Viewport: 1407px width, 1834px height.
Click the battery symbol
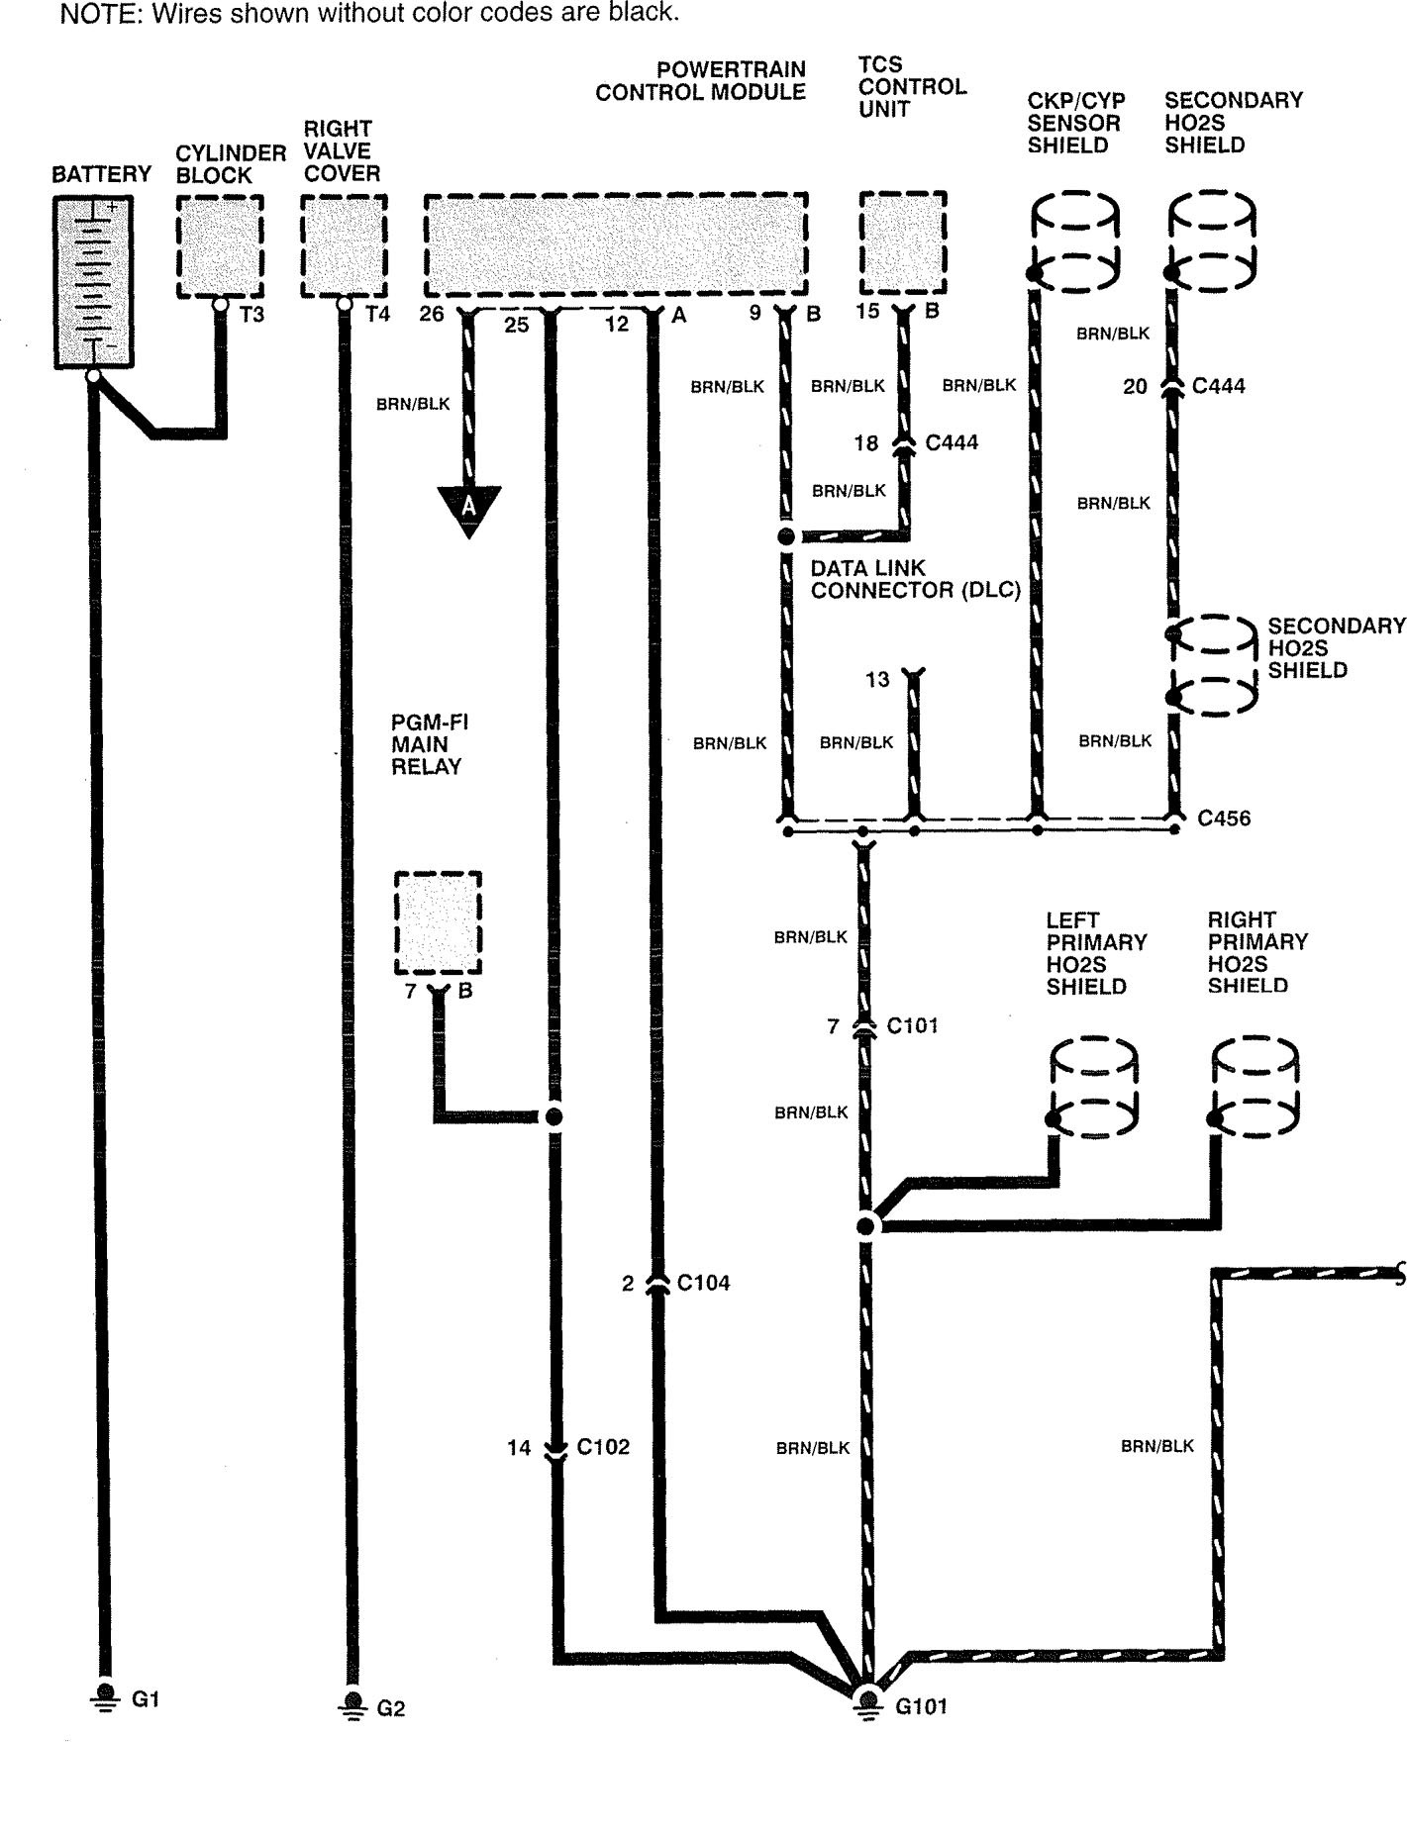coord(93,282)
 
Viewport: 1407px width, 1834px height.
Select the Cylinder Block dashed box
coord(220,245)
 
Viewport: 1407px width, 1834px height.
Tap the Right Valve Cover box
coord(344,245)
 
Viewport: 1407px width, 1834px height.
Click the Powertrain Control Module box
coord(615,244)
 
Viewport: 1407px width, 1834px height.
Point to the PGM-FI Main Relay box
coord(438,923)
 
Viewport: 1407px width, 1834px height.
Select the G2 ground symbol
coord(351,1704)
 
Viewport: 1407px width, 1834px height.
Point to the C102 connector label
coord(603,1447)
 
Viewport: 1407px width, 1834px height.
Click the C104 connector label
coord(703,1283)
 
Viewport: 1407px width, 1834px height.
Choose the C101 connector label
coord(912,1025)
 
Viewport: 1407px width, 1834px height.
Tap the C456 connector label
coord(1224,819)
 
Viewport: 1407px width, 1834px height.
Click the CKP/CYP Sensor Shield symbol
coord(1074,242)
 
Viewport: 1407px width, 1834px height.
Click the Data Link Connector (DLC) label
coord(915,579)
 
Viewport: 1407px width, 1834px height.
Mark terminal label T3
coord(251,316)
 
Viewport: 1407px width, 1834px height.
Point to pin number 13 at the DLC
coord(877,680)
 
